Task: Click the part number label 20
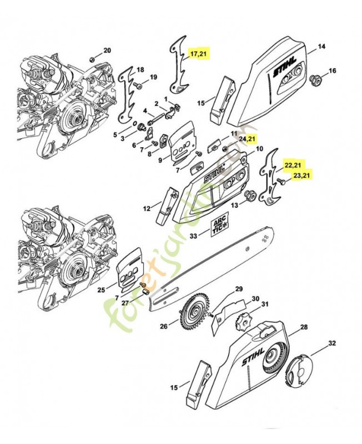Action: (107, 51)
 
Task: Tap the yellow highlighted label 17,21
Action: (198, 54)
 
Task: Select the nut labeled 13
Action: (250, 195)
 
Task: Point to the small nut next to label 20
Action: (91, 58)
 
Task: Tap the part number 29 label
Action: (239, 289)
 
